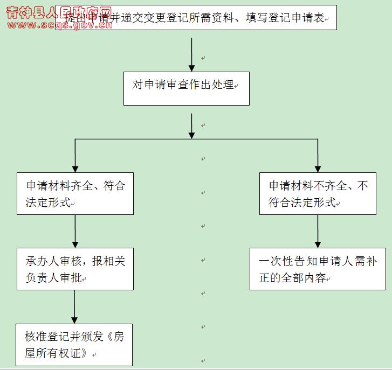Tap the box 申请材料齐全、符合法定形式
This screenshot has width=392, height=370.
[75, 194]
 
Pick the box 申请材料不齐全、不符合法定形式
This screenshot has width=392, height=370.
[318, 194]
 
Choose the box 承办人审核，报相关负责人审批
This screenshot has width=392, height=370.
[75, 269]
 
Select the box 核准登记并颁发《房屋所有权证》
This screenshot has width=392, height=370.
[74, 344]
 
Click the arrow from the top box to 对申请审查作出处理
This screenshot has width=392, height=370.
[191, 54]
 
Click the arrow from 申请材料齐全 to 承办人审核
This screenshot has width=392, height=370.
[75, 232]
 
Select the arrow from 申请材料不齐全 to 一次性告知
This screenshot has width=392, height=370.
[318, 232]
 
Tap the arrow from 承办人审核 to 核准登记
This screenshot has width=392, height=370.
[74, 307]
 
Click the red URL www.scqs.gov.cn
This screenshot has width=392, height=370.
[59, 25]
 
